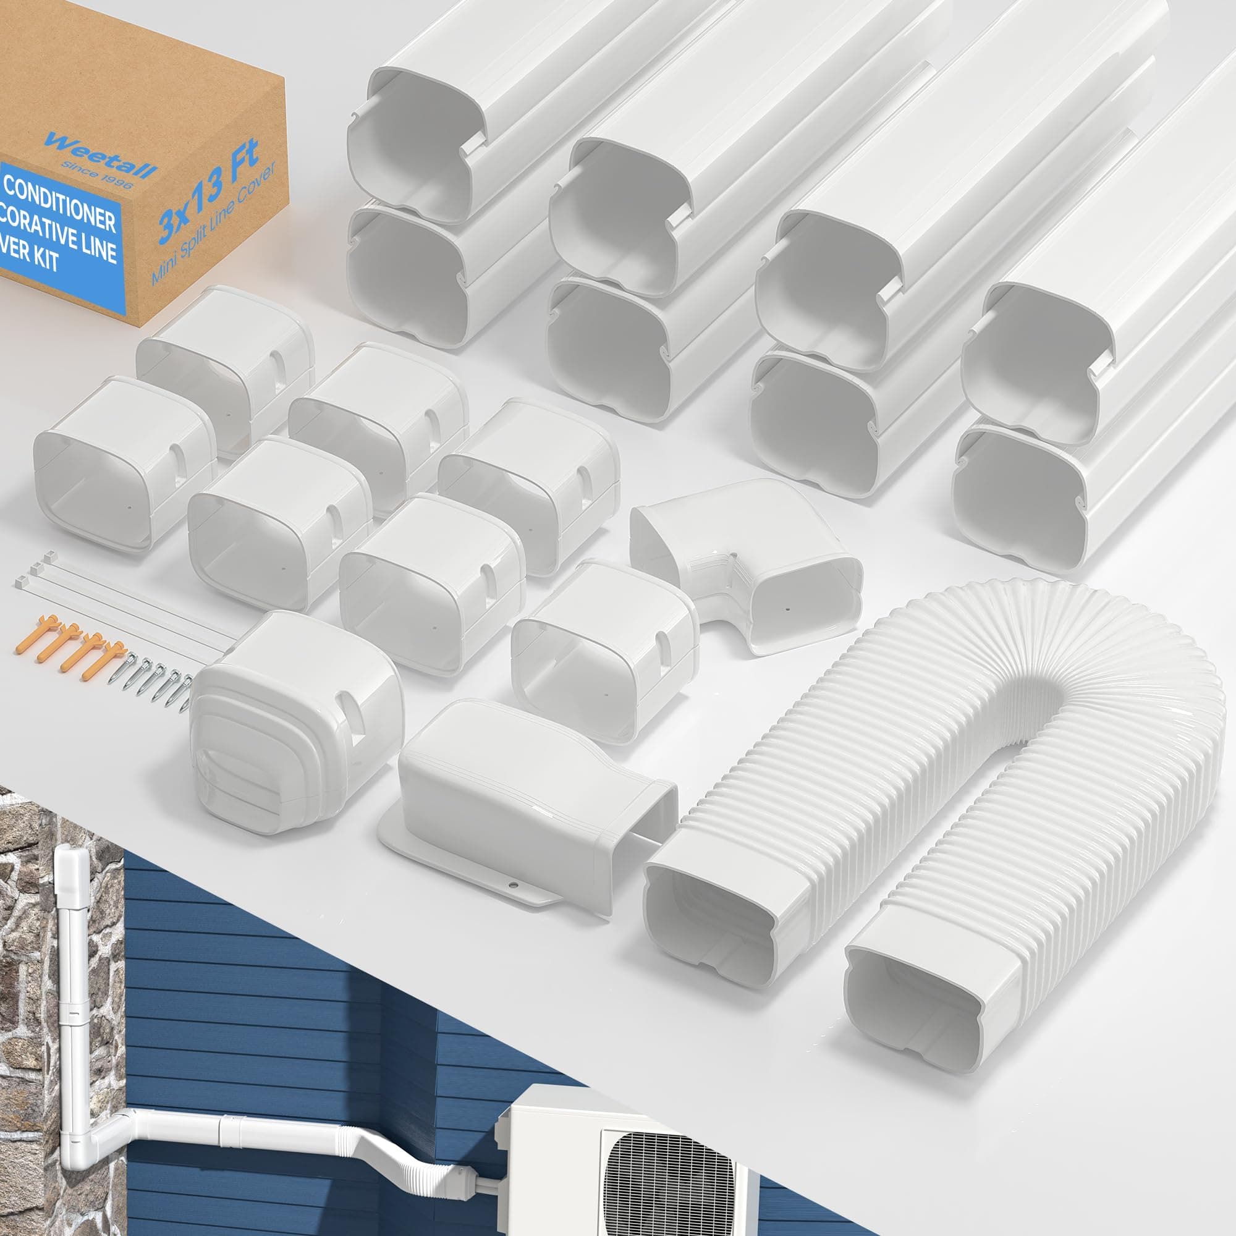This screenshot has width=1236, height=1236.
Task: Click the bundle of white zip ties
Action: pyautogui.click(x=115, y=595)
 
